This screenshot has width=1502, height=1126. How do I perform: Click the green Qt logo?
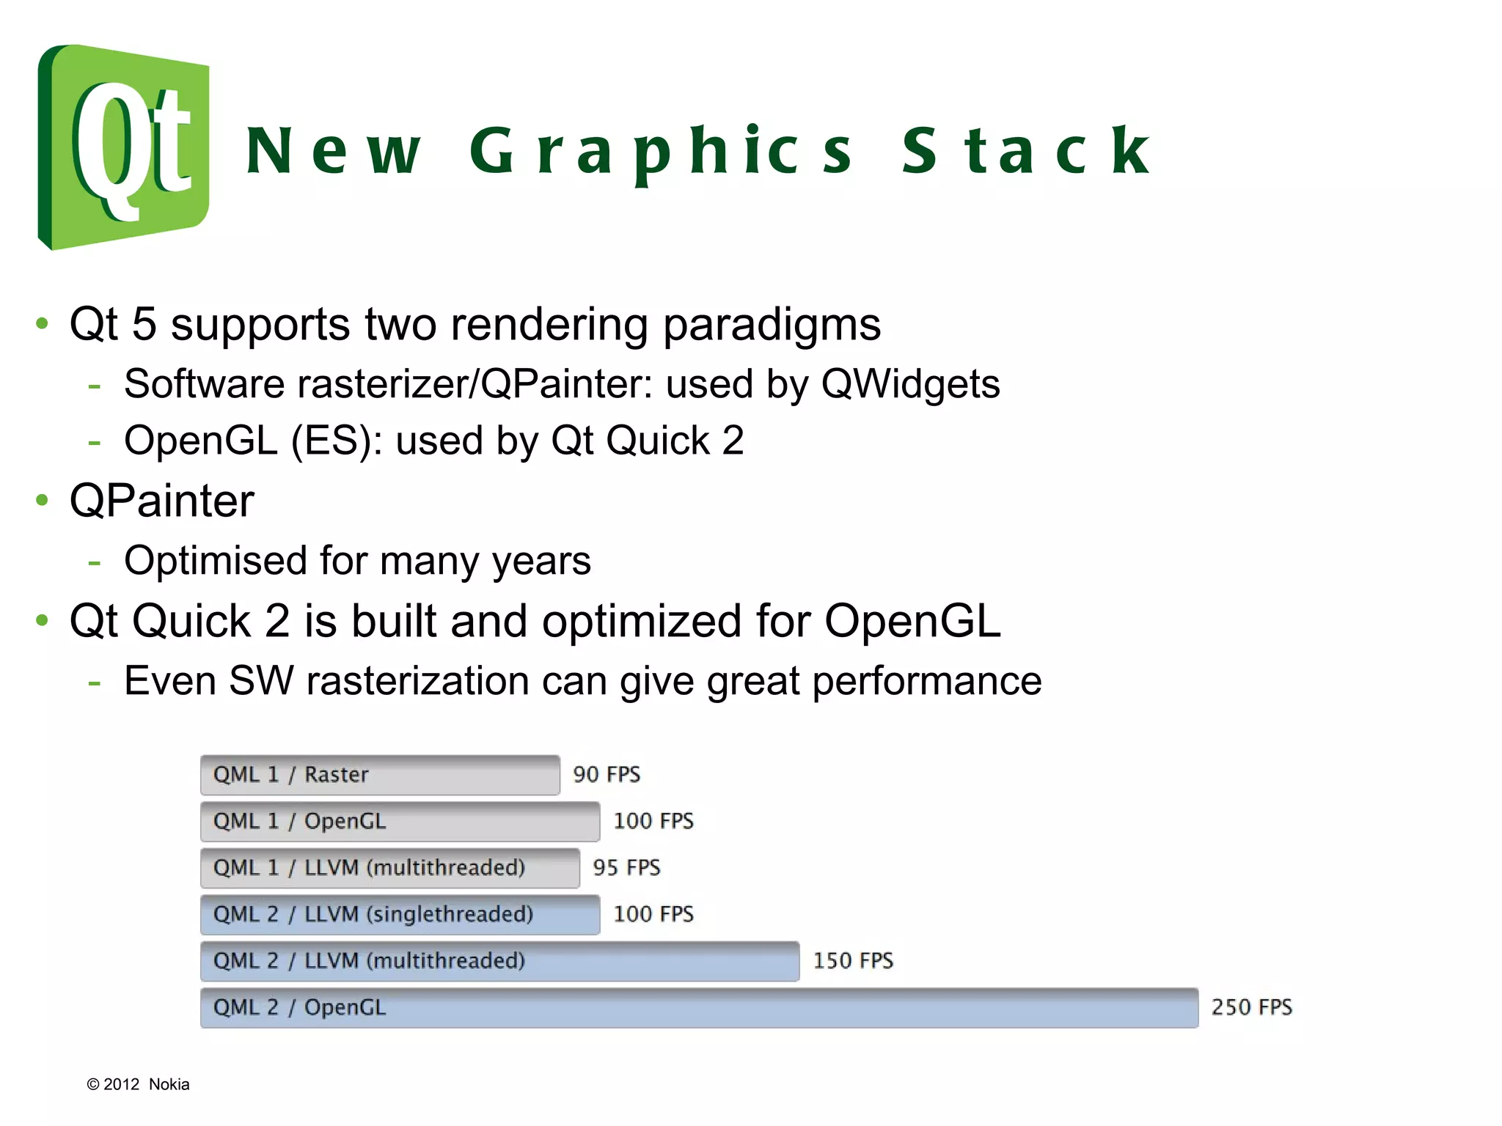[x=123, y=147]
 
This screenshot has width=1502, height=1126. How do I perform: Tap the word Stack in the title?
[x=1026, y=151]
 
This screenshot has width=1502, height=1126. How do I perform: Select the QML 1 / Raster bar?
[x=380, y=775]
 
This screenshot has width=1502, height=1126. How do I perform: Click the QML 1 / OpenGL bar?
[x=400, y=821]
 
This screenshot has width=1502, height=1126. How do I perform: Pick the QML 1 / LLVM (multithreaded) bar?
[x=389, y=868]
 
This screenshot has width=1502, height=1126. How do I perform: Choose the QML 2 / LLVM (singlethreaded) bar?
[x=400, y=914]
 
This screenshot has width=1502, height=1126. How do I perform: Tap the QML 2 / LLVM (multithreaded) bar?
[x=499, y=961]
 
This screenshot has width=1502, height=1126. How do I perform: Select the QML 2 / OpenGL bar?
[x=699, y=1007]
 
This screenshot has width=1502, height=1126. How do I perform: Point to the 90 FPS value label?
[x=607, y=775]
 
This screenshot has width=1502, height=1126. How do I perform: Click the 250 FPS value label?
[x=1251, y=1007]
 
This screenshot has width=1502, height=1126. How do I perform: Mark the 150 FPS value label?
[x=853, y=961]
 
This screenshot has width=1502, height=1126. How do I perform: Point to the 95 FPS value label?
[x=626, y=868]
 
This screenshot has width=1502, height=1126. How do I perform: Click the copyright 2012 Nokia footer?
[x=138, y=1084]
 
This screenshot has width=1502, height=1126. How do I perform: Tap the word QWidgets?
[x=910, y=384]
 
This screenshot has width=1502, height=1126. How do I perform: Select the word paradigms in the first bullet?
[x=772, y=325]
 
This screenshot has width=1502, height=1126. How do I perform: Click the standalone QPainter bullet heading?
[x=162, y=501]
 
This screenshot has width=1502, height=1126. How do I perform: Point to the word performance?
[x=927, y=682]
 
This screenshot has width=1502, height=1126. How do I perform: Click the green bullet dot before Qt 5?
[x=43, y=323]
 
